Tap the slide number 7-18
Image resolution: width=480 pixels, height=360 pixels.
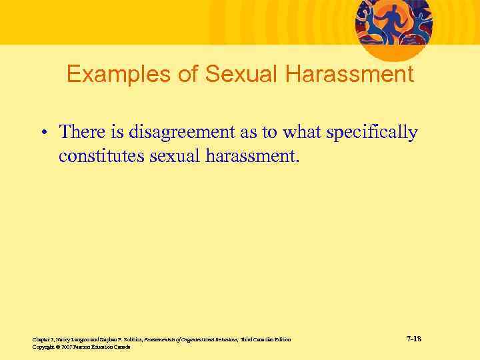413,339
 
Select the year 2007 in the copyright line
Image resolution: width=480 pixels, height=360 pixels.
65,347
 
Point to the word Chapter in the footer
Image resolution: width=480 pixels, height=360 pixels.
41,340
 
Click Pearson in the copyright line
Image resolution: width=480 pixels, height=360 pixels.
83,347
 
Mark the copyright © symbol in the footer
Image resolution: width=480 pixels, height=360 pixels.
57,347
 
